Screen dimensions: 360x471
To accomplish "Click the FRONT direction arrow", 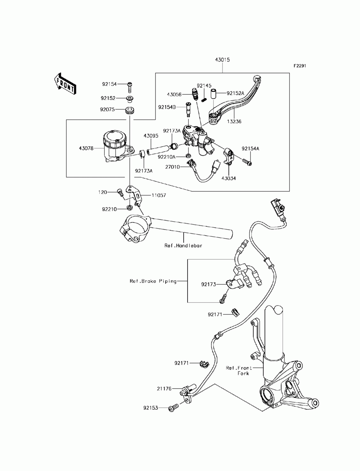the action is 64,84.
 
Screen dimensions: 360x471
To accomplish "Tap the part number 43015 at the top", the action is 222,60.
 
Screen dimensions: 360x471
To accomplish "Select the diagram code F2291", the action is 300,66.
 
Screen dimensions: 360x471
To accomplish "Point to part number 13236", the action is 234,122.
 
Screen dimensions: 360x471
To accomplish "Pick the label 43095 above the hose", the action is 151,136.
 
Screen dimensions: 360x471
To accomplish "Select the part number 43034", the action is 228,178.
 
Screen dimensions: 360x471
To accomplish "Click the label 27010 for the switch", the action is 172,167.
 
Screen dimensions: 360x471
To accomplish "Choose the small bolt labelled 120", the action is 120,193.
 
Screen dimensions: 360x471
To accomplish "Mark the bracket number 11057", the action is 159,195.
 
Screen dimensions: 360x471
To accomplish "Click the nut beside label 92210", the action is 129,208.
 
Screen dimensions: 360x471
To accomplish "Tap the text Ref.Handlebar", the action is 183,245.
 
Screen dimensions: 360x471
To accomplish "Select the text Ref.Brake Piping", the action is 153,281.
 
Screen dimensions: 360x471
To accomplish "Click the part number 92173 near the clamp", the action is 208,284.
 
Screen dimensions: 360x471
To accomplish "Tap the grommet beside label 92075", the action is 130,110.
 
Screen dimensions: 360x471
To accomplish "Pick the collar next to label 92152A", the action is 213,94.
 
